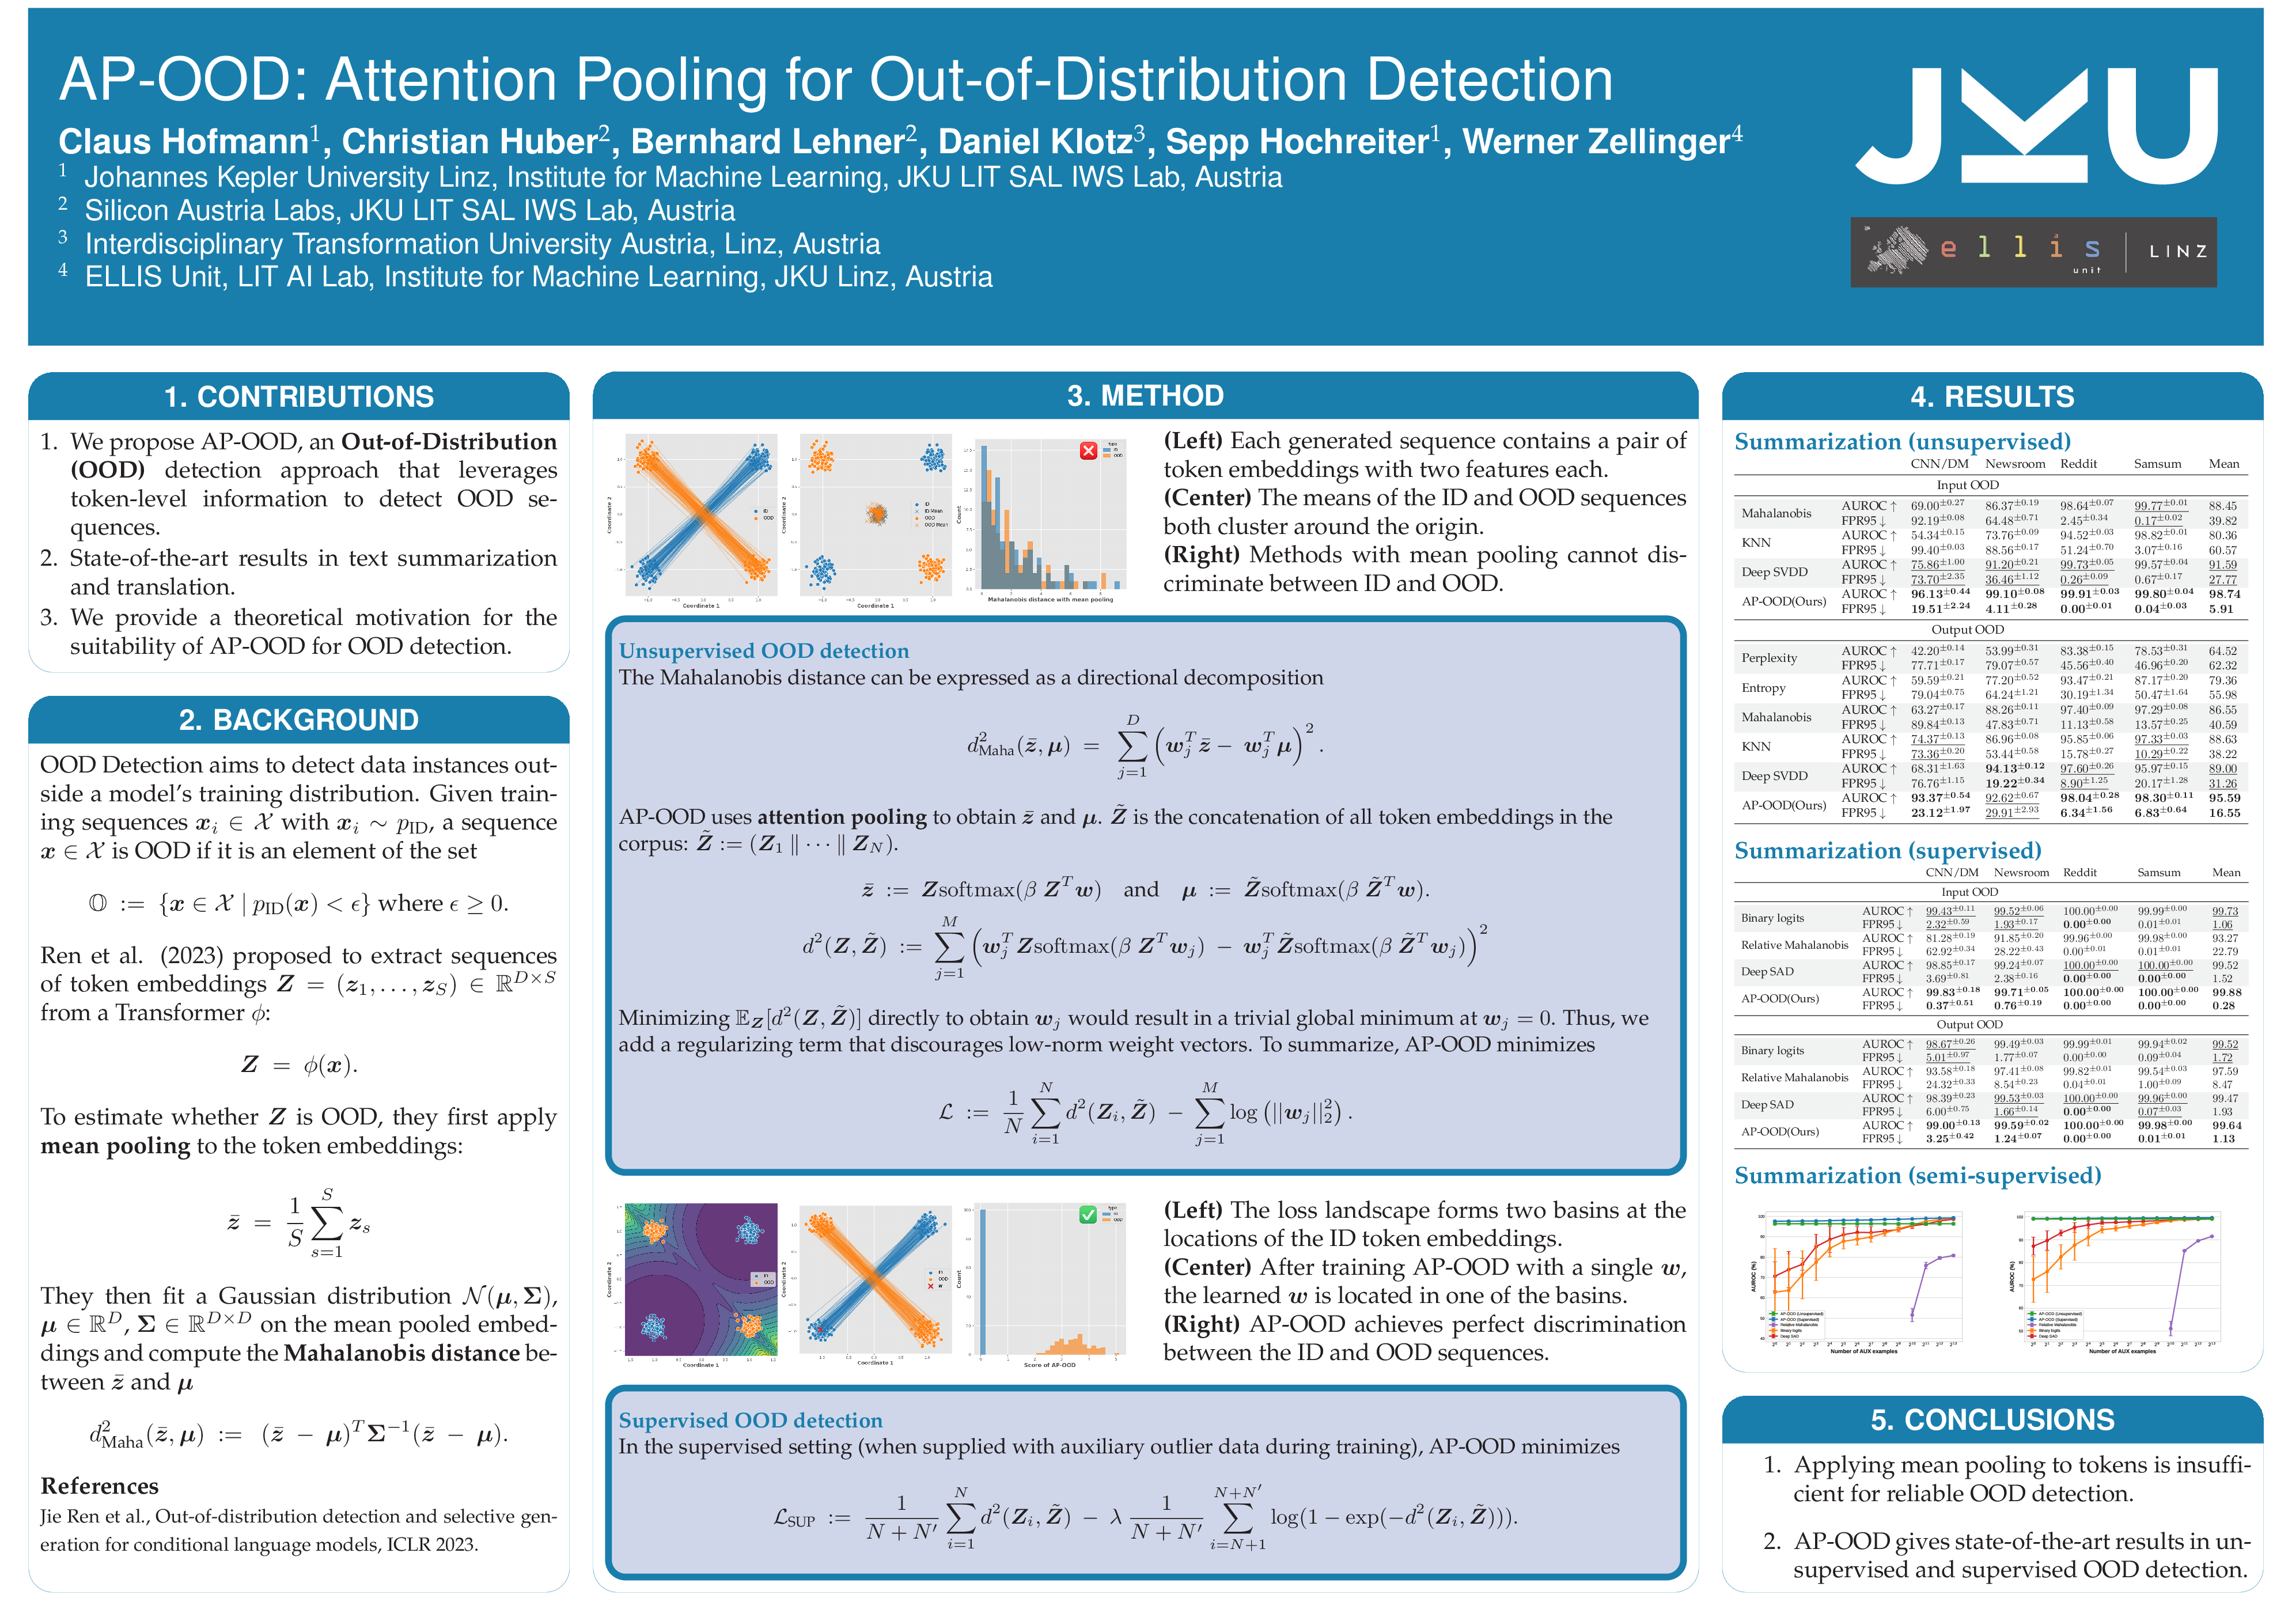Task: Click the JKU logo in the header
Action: pyautogui.click(x=2036, y=126)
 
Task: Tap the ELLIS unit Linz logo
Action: pyautogui.click(x=2032, y=252)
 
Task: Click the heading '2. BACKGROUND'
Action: pyautogui.click(x=298, y=719)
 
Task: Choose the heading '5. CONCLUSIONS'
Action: pyautogui.click(x=1991, y=1419)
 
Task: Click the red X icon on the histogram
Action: pyautogui.click(x=1088, y=451)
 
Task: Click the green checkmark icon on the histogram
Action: pyautogui.click(x=1088, y=1215)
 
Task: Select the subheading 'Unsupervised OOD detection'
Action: pyautogui.click(x=764, y=651)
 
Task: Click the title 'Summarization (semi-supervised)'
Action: pyautogui.click(x=1916, y=1176)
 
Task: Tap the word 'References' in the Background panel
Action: pyautogui.click(x=99, y=1486)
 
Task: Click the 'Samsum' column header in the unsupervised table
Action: pyautogui.click(x=2157, y=464)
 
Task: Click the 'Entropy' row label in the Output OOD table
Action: pyautogui.click(x=1763, y=688)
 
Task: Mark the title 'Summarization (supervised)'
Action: pyautogui.click(x=1886, y=850)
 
